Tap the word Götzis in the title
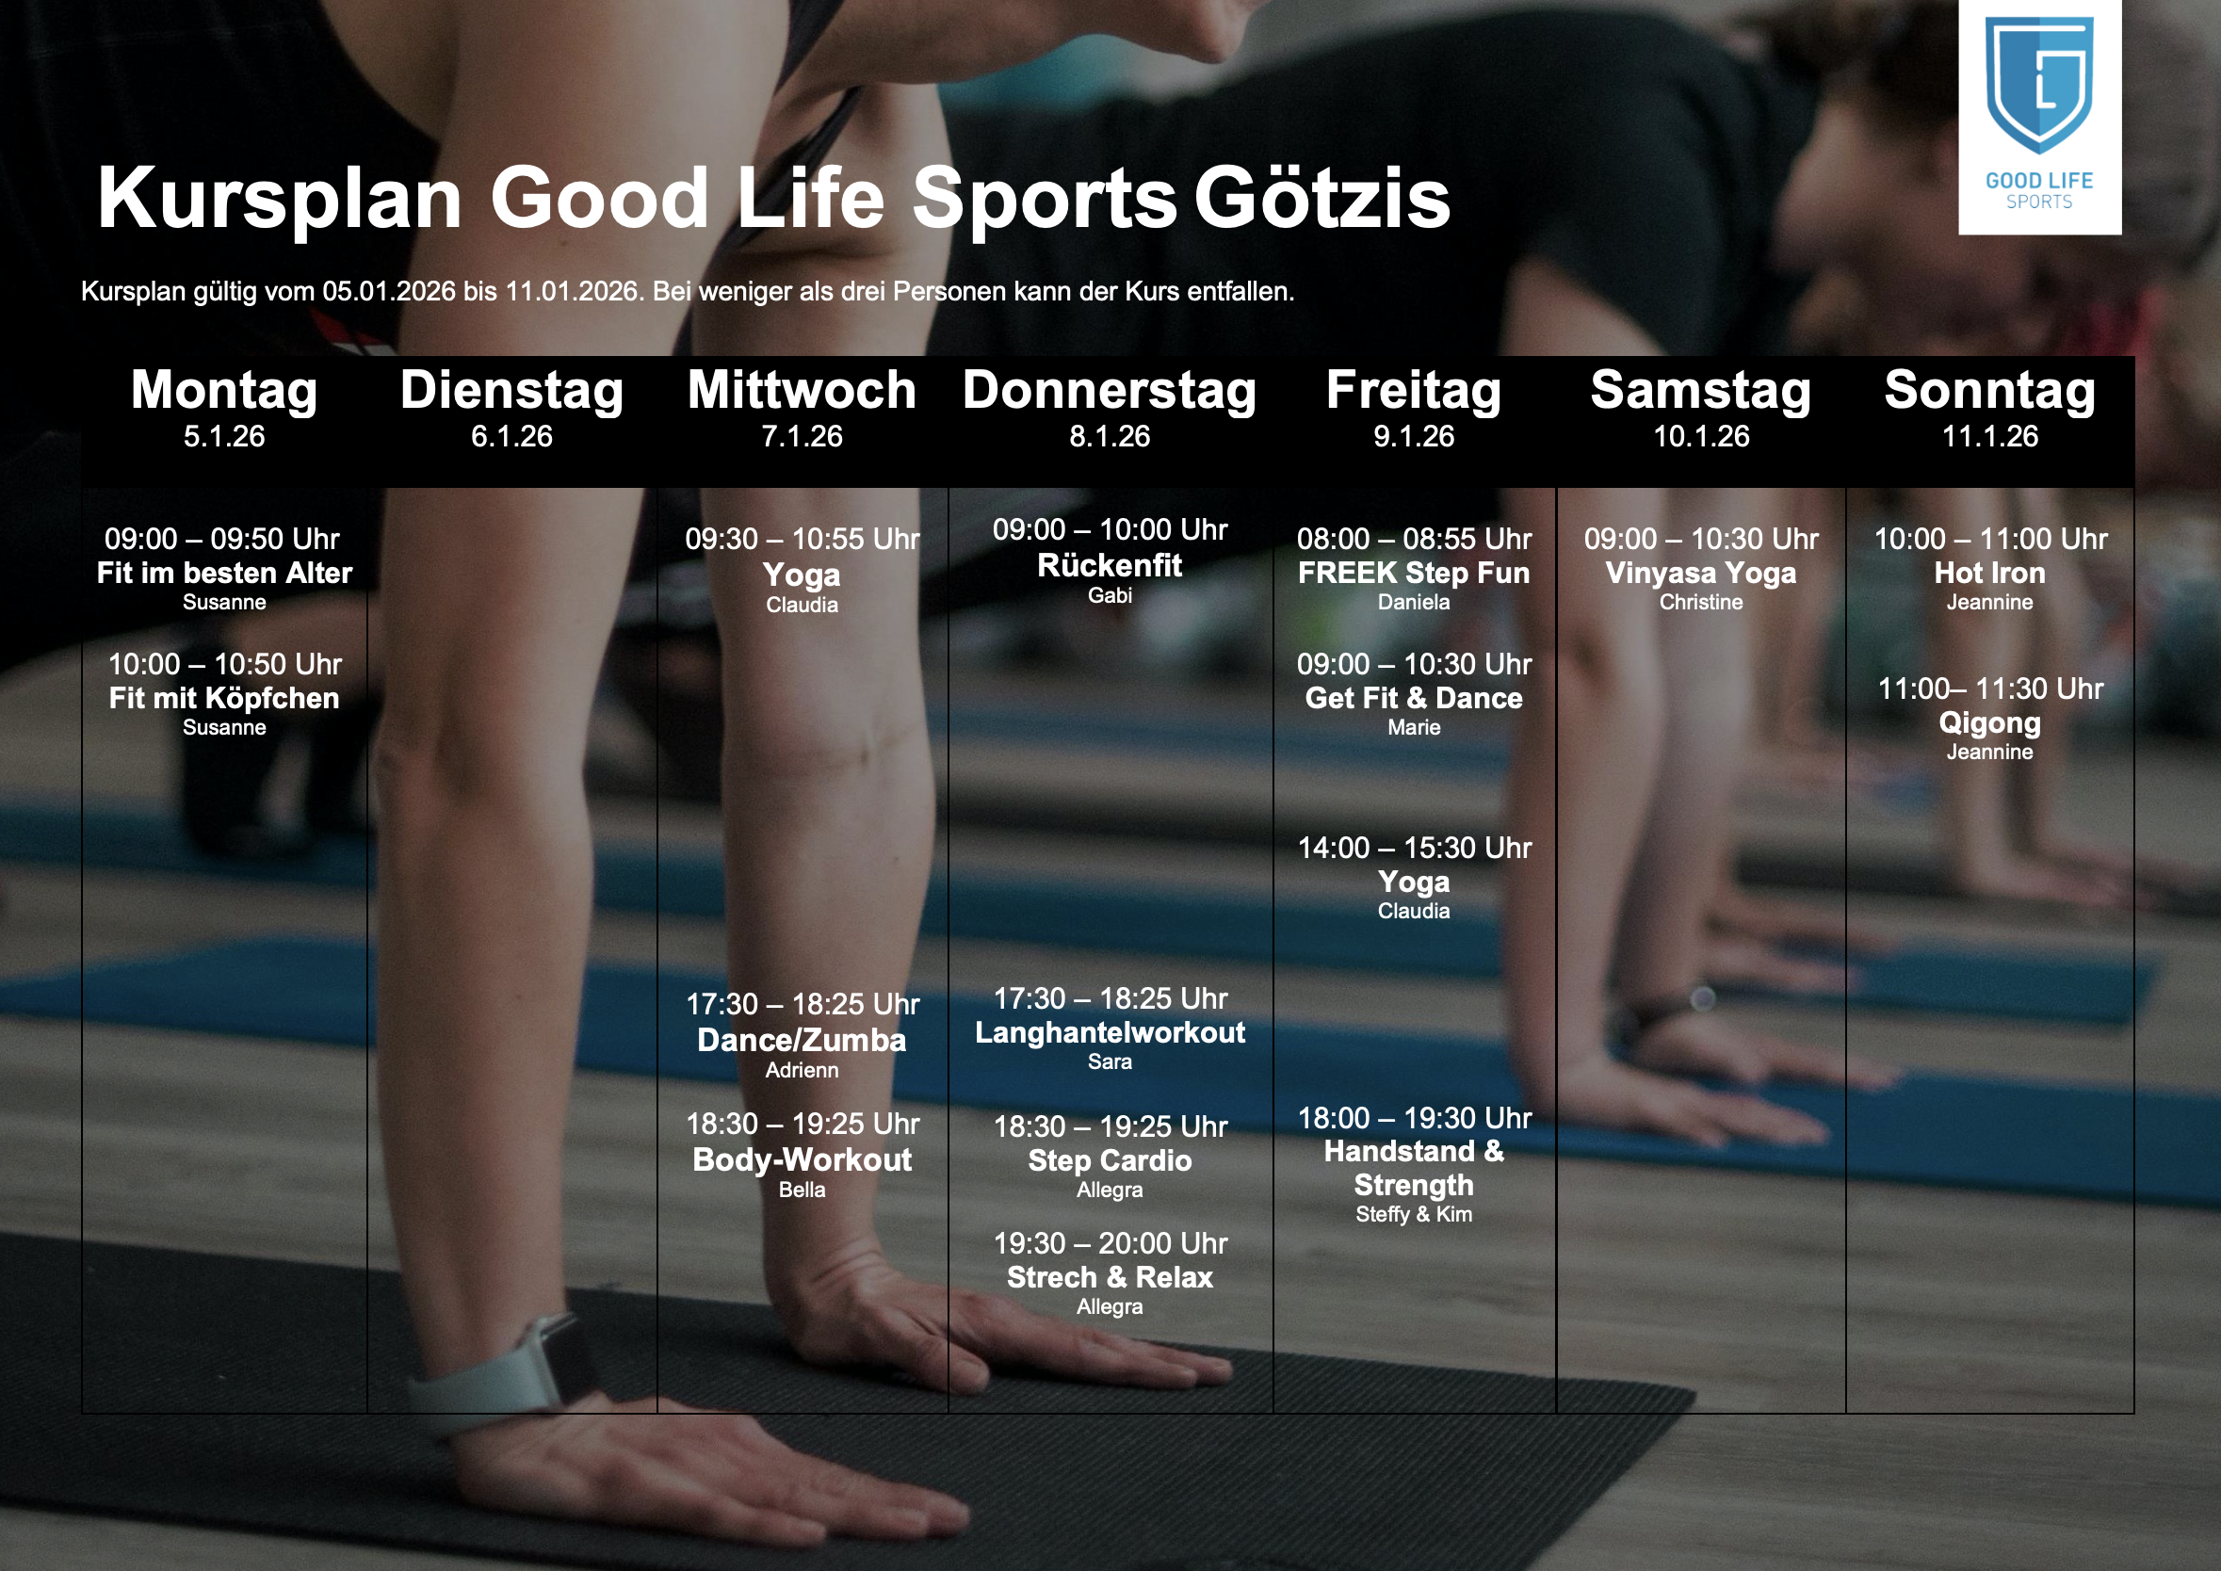coord(1322,199)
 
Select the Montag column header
coord(224,391)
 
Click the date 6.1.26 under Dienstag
coord(511,436)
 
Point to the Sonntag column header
coord(1990,391)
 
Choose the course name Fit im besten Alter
coord(224,573)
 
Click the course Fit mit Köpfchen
coord(224,699)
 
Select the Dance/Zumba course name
coord(802,1040)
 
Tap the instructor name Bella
coord(802,1190)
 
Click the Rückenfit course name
coord(1110,565)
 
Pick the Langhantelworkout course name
coord(1110,1032)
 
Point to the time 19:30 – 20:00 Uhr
coord(1110,1243)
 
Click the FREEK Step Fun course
coord(1413,573)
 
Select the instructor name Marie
coord(1413,727)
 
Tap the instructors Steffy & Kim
coord(1413,1214)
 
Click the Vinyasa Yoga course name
coord(1700,573)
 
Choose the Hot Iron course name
coord(1990,573)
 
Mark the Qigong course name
coord(1990,723)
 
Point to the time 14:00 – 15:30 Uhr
coord(1413,848)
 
